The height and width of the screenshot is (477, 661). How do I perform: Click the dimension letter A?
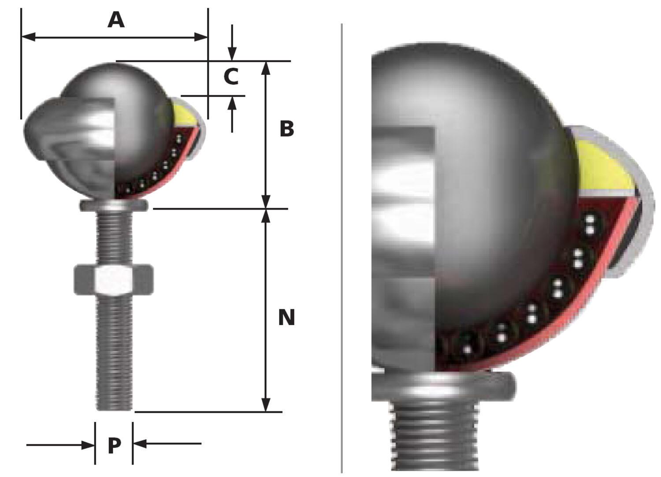tap(116, 20)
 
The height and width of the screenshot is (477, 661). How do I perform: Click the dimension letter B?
tap(286, 129)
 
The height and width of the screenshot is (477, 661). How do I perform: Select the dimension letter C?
tap(231, 77)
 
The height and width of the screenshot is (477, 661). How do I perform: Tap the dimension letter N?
tap(286, 318)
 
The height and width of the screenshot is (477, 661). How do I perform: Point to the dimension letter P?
tap(114, 446)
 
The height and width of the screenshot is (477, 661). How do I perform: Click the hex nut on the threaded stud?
tap(114, 280)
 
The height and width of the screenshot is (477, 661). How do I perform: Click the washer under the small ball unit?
tap(114, 205)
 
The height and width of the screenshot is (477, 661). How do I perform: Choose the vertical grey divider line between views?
tap(342, 247)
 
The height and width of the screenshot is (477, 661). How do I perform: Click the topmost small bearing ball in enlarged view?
tap(590, 224)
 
